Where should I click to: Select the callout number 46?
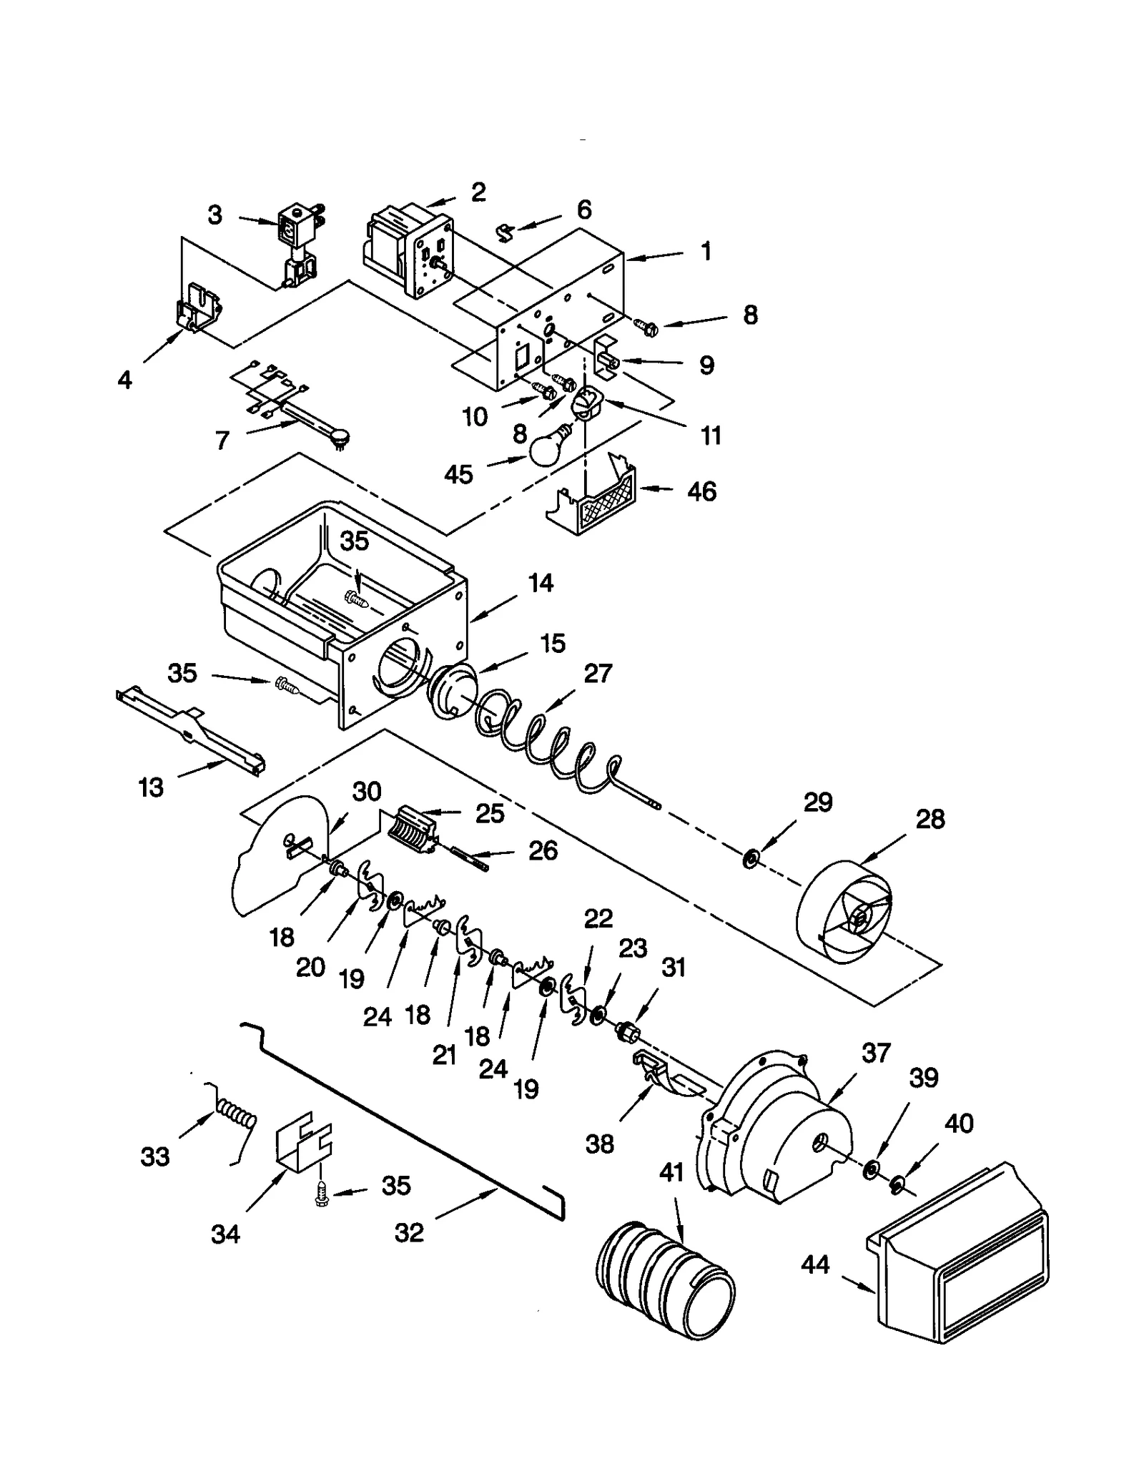[x=701, y=491]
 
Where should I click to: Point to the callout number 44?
[x=814, y=1264]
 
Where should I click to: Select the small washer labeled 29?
[x=750, y=858]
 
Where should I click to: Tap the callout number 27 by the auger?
[x=598, y=673]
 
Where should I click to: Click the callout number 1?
[x=706, y=252]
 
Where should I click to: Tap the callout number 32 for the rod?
[x=409, y=1232]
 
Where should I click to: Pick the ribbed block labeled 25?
[x=413, y=831]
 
